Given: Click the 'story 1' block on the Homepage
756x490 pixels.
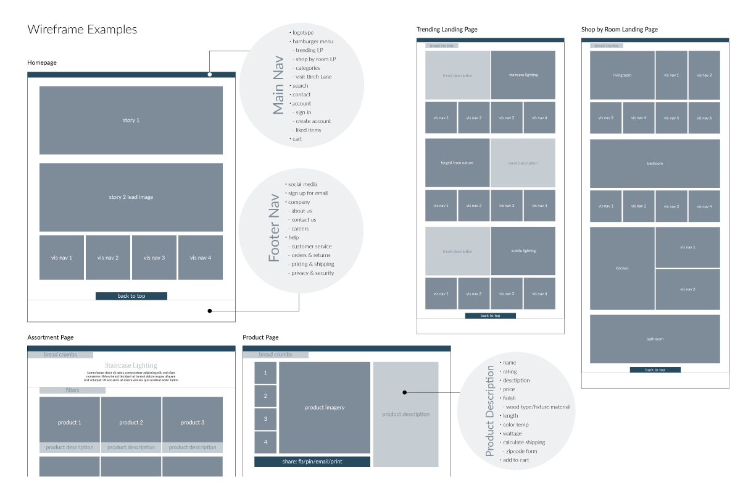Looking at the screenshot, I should click(131, 120).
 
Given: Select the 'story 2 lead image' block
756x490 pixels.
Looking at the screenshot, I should click(131, 197).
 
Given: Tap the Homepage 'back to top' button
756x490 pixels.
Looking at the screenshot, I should click(131, 296).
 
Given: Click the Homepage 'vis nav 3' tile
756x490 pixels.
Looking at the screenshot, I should click(154, 258).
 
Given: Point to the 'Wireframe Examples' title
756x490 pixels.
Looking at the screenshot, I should click(82, 30).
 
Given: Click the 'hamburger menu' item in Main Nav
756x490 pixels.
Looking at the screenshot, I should click(313, 41).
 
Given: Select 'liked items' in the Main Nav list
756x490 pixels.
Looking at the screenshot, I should click(308, 130).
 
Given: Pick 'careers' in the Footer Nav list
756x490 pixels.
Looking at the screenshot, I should click(300, 229).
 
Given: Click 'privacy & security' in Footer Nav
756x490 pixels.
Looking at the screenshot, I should click(312, 273).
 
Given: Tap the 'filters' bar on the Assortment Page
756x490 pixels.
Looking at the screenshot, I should click(72, 390).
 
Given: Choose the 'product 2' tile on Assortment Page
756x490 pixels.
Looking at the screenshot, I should click(131, 423).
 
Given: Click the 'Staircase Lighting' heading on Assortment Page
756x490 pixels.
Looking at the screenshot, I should click(131, 365).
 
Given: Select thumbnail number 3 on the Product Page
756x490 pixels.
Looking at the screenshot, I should click(265, 419).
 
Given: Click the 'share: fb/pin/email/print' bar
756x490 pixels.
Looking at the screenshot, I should click(312, 462).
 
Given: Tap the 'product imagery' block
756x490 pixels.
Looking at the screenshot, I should click(325, 408).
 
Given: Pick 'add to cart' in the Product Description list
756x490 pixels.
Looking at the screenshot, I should click(515, 460).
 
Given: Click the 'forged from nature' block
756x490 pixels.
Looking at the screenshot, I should click(457, 163).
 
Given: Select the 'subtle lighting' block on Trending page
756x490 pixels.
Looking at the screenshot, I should click(523, 251).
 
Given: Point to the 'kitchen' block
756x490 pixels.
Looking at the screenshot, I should click(622, 268).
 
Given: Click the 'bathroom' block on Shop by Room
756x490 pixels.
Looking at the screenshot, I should click(655, 339).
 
